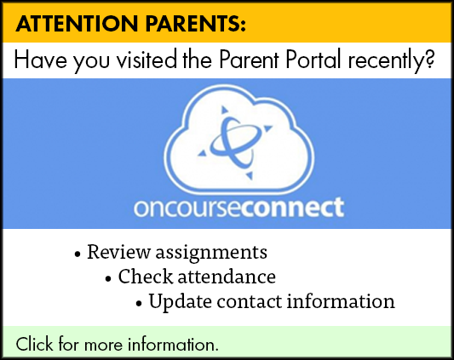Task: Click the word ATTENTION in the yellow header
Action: point(77,23)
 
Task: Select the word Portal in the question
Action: point(313,60)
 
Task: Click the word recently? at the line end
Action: point(391,61)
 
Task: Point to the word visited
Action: point(147,60)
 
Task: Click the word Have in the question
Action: point(40,60)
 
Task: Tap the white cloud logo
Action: point(238,140)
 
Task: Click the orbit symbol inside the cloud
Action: point(234,143)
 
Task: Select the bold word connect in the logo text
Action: point(293,208)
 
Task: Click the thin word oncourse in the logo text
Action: point(187,209)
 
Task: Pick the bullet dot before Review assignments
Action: point(77,254)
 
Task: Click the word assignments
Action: point(211,254)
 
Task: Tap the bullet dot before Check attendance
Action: point(108,279)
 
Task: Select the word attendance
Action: point(227,277)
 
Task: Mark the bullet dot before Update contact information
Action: point(139,304)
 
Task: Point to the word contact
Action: point(250,301)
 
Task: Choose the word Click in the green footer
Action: point(34,344)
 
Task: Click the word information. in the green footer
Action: point(173,344)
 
